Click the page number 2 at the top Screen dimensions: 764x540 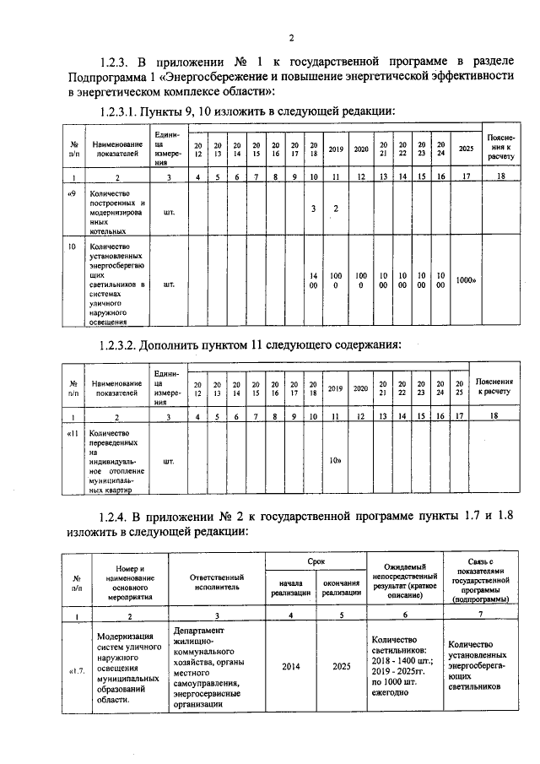[x=291, y=38]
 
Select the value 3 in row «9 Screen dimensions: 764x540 [x=313, y=209]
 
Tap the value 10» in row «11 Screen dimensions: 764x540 [x=335, y=460]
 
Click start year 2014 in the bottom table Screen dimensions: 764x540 [x=289, y=665]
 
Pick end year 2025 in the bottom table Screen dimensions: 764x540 [x=341, y=665]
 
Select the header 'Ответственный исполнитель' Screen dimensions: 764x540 [x=217, y=578]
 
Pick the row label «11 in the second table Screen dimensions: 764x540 [x=73, y=434]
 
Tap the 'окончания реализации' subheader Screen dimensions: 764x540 [x=341, y=588]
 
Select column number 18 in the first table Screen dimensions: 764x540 [x=501, y=176]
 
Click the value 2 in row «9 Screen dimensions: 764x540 [x=335, y=209]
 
